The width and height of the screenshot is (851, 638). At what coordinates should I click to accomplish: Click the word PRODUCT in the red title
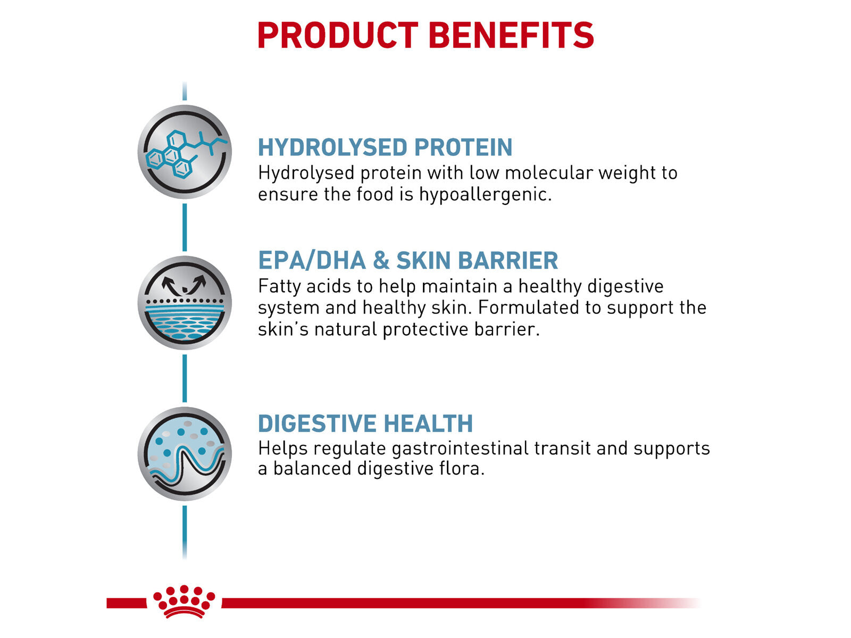click(337, 36)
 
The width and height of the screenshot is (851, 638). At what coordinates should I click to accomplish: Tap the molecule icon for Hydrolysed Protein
click(185, 152)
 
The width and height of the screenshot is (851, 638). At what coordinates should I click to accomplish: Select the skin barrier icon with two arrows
click(185, 303)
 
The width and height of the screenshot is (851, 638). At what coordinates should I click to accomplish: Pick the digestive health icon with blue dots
click(185, 454)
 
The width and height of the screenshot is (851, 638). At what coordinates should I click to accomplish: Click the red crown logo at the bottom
click(184, 602)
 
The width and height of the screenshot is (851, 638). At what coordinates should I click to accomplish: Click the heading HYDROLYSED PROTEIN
click(385, 147)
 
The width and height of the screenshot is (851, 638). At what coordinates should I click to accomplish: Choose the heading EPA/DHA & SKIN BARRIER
click(408, 261)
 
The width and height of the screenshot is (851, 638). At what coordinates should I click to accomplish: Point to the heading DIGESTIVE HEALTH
click(365, 424)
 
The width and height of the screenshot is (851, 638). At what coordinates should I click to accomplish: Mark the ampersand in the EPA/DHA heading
click(381, 261)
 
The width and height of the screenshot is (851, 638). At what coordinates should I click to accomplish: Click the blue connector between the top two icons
click(185, 227)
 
